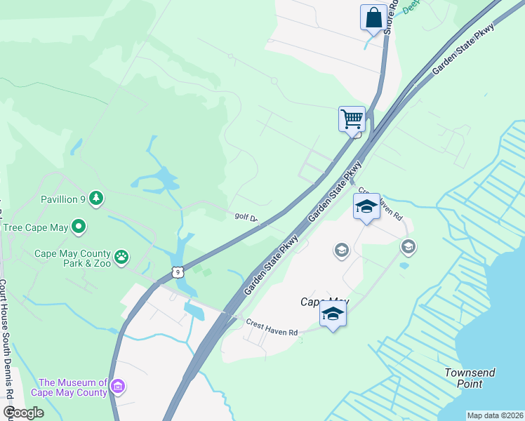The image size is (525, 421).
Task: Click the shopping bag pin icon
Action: [x=373, y=18]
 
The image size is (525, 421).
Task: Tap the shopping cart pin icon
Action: [x=352, y=119]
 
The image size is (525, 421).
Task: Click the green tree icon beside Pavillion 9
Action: [x=96, y=199]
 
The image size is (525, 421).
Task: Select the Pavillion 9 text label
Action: [x=63, y=199]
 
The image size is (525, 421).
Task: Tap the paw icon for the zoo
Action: [x=122, y=257]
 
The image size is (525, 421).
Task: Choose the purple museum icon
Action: [x=118, y=387]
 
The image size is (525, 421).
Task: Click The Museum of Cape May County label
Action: [x=73, y=387]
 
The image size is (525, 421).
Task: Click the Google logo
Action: [x=23, y=413]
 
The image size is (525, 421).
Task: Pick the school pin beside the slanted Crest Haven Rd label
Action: [x=366, y=206]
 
